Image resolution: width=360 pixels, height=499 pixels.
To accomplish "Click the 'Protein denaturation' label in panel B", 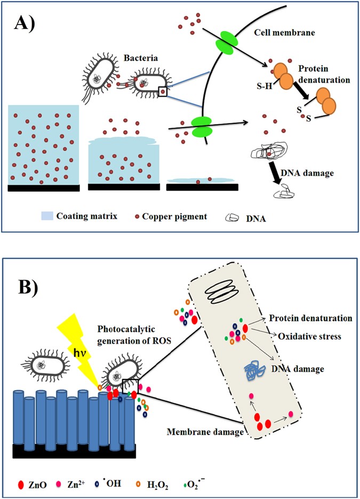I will point(311,318).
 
